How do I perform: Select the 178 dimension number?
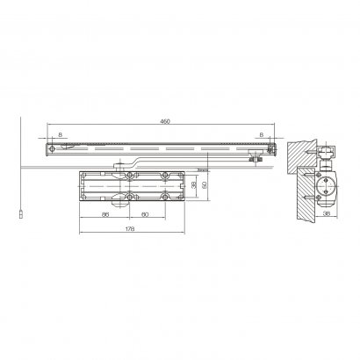[131, 230]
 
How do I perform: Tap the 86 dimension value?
[104, 213]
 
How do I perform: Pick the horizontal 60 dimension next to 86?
[145, 213]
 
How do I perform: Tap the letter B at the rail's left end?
[59, 134]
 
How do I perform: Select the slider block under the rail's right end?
[255, 160]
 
